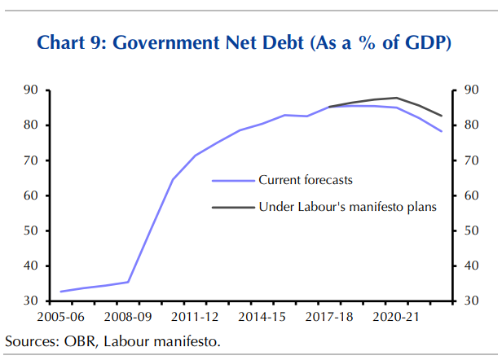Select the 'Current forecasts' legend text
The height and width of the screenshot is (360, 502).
click(306, 180)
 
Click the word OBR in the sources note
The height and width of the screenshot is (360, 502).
click(81, 340)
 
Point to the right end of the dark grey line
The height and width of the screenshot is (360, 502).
click(442, 116)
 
